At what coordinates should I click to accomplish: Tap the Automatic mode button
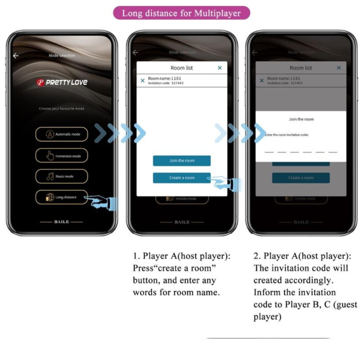click(x=62, y=134)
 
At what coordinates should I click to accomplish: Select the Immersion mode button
click(x=62, y=156)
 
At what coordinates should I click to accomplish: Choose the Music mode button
click(x=62, y=176)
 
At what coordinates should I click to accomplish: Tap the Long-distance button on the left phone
click(x=62, y=197)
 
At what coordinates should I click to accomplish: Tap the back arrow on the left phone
click(x=16, y=56)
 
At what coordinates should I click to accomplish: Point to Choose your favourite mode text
click(x=62, y=108)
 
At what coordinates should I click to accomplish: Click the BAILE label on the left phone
click(x=62, y=222)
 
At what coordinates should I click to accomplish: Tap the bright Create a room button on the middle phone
click(x=181, y=178)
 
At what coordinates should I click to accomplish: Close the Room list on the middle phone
click(x=220, y=68)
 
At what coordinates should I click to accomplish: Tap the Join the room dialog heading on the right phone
click(x=301, y=119)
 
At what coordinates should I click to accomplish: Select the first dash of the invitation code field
click(x=269, y=152)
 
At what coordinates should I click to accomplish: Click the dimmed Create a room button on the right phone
click(x=301, y=178)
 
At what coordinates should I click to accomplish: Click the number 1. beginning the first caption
click(x=136, y=256)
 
